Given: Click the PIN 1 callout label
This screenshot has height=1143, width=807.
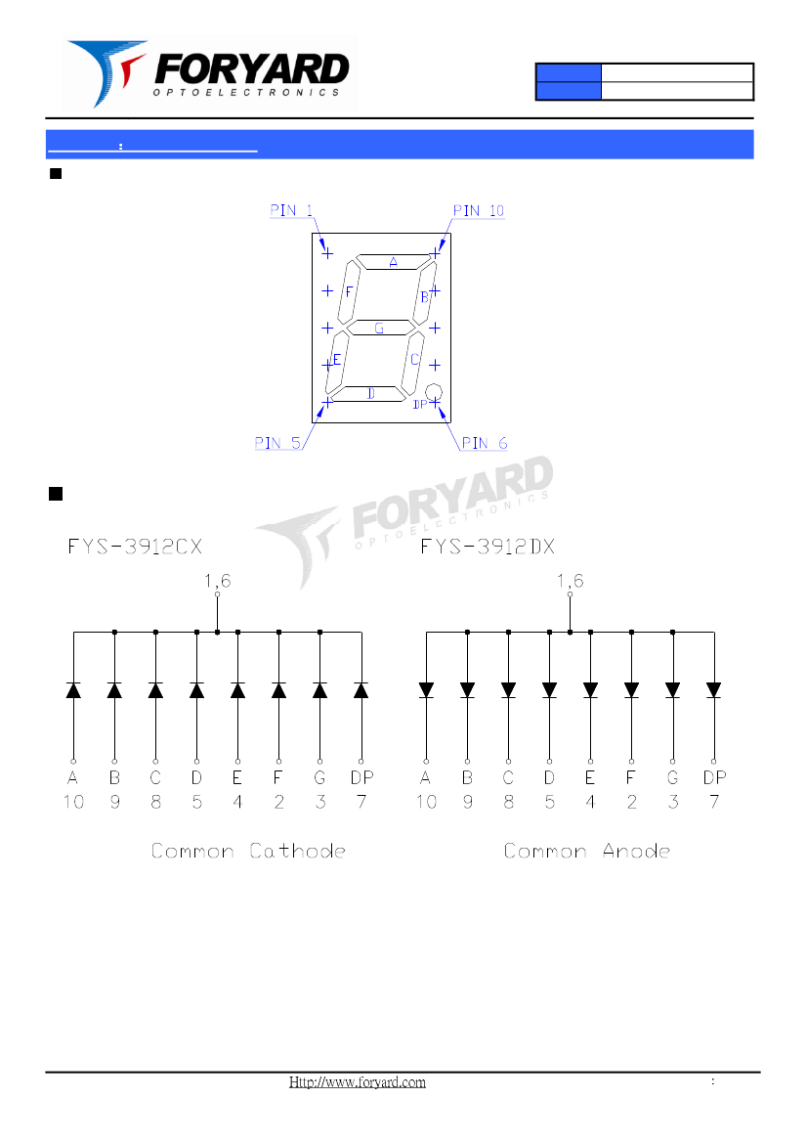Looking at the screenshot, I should [291, 210].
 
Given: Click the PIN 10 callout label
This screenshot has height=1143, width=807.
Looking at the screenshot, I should [479, 210].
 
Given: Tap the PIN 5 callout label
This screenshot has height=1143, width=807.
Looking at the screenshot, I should [277, 443].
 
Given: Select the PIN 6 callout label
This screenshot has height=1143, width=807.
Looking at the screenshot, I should [484, 443].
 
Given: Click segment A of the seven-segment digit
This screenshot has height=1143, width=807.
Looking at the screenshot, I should [394, 262].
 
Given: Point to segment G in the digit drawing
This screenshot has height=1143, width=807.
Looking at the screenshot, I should [379, 329].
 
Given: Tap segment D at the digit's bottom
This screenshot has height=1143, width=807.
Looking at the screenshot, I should [370, 393].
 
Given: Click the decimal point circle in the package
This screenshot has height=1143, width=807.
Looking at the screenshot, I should [434, 392].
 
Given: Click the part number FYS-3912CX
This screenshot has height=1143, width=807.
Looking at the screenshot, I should [135, 546].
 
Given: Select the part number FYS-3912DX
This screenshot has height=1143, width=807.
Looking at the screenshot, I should [488, 546].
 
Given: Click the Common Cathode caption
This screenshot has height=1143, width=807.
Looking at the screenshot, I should [248, 851].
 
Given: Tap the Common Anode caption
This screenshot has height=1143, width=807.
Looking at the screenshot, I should [586, 851].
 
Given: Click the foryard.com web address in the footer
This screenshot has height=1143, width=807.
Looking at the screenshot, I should [358, 1082].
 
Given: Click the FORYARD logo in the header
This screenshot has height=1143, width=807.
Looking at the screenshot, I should [210, 73].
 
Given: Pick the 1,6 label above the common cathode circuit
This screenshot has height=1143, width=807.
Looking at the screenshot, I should [218, 580].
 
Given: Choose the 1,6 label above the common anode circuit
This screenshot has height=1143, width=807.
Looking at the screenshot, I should [571, 580].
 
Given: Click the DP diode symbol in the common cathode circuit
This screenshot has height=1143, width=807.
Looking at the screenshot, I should [361, 689].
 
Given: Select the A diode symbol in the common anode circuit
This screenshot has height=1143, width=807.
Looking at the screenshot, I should [426, 689].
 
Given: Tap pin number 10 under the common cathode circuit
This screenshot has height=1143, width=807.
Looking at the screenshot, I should [73, 802].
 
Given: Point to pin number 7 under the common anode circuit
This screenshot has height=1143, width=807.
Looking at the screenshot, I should [714, 802].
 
